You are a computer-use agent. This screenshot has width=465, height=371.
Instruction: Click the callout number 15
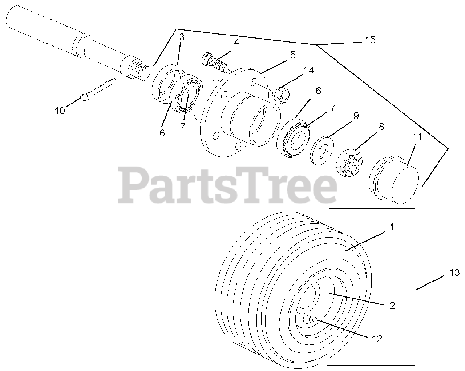click(x=370, y=40)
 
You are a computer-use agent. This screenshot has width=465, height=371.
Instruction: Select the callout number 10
click(x=60, y=111)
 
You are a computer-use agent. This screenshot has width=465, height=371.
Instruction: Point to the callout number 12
click(x=377, y=339)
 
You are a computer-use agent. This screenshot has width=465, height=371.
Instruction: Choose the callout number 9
click(x=356, y=116)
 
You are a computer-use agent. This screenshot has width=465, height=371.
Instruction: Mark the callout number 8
click(x=381, y=127)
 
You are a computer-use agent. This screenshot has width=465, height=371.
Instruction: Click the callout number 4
click(x=236, y=42)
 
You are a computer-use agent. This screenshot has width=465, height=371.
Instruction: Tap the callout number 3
click(x=182, y=37)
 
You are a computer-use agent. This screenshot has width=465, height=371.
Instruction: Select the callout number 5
click(x=292, y=55)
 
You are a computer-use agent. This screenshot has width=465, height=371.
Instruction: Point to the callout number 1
click(x=392, y=227)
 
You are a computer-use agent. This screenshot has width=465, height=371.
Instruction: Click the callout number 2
click(x=392, y=305)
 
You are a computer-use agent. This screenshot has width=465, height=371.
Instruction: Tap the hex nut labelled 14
click(x=281, y=94)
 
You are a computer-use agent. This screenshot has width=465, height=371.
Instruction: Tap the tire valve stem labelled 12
click(x=311, y=319)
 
